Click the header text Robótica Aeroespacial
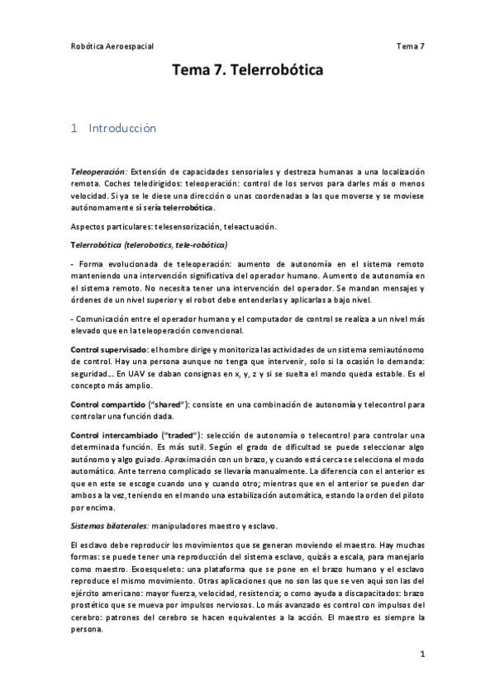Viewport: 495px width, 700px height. coord(112,46)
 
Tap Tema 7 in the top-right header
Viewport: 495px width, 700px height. coord(411,46)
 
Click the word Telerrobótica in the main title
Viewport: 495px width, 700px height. coord(278,72)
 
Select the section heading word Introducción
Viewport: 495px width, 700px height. coord(121,129)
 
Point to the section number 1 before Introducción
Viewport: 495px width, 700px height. coord(74,129)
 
